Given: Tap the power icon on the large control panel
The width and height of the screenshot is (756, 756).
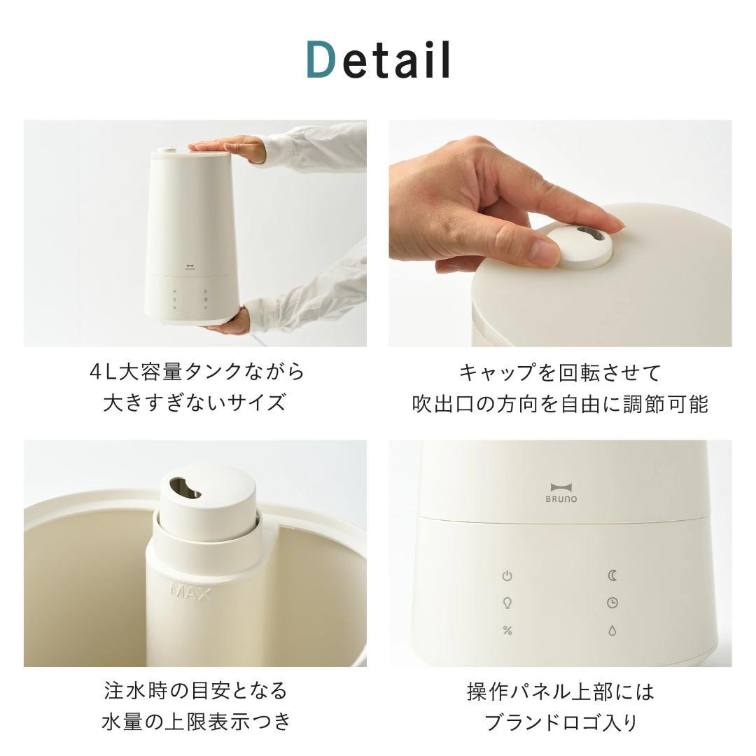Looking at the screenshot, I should point(507,576).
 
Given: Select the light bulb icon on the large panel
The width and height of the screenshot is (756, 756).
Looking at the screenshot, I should point(507,603).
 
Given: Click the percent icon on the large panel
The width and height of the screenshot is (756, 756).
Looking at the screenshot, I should point(507,631).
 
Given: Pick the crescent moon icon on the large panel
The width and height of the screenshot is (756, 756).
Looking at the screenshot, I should point(612,575).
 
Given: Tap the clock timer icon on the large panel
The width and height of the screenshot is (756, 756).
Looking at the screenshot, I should point(612,603).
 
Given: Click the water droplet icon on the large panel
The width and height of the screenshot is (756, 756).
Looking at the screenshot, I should point(612,631).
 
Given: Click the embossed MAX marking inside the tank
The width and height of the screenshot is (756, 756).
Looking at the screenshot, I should point(191,592).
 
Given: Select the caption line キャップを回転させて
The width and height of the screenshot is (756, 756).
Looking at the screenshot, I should point(560,372).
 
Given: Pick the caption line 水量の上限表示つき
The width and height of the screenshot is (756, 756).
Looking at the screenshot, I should point(195,721).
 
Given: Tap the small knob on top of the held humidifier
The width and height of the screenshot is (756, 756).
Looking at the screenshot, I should point(168,148).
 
